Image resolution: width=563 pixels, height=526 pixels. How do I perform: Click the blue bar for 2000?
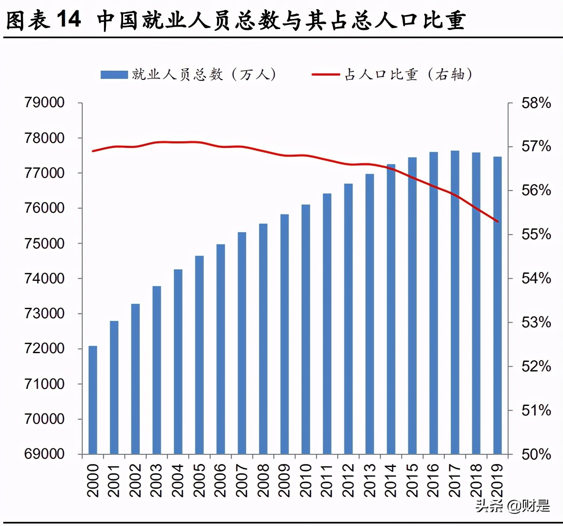point(93,400)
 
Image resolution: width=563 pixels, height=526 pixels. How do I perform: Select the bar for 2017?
point(455,302)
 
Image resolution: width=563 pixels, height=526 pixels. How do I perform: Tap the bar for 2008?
point(263,339)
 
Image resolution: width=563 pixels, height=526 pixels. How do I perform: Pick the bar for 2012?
point(348,319)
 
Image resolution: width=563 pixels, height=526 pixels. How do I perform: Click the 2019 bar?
point(497,305)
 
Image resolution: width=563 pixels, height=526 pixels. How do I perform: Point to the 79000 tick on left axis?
point(44,102)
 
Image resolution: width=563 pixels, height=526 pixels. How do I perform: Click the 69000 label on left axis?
point(44,454)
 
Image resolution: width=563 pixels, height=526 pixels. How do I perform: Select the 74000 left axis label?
point(44,278)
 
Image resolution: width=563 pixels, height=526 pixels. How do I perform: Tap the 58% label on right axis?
point(536,103)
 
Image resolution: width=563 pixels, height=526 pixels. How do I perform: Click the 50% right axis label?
point(536,454)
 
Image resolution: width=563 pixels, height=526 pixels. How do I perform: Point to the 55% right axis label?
point(536,234)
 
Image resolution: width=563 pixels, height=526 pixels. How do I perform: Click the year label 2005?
point(199,480)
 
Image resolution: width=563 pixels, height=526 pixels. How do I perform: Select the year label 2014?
point(391,480)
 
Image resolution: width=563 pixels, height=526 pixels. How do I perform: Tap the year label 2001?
point(114,480)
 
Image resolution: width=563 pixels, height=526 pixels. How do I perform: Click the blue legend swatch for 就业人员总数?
point(114,75)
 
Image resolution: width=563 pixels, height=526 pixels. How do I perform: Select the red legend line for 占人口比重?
point(326,75)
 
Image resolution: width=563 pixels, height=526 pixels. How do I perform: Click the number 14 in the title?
point(69,19)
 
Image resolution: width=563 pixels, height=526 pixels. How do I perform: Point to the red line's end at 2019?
point(498,221)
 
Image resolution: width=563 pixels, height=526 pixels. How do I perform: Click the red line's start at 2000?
point(93,151)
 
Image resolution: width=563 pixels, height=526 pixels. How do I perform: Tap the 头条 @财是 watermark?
point(512,506)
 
